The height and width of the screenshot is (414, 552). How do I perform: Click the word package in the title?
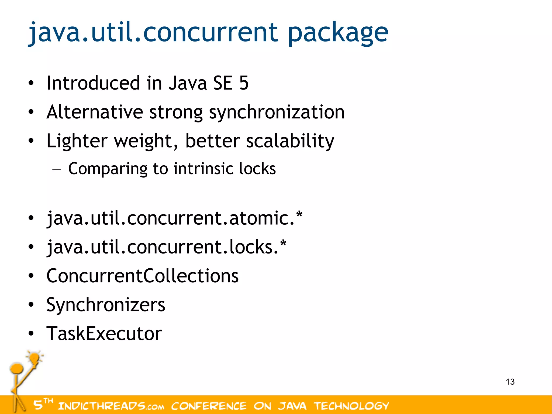point(338,33)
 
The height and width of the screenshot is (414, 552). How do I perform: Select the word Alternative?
point(95,112)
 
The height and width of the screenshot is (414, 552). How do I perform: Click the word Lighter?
point(77,141)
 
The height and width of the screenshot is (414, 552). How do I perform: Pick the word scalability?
point(290,141)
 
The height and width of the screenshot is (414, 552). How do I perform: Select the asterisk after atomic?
point(299,215)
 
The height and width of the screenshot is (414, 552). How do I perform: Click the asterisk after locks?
point(283,244)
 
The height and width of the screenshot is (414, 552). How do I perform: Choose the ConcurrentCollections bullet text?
point(142,276)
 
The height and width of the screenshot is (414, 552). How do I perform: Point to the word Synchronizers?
point(106,305)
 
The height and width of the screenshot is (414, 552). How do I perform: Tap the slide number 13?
point(510,382)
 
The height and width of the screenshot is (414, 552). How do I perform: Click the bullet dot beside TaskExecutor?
point(31,334)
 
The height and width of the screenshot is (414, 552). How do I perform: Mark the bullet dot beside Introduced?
point(31,83)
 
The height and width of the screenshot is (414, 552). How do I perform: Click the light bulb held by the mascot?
point(35,358)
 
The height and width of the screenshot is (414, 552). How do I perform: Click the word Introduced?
point(93,83)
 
